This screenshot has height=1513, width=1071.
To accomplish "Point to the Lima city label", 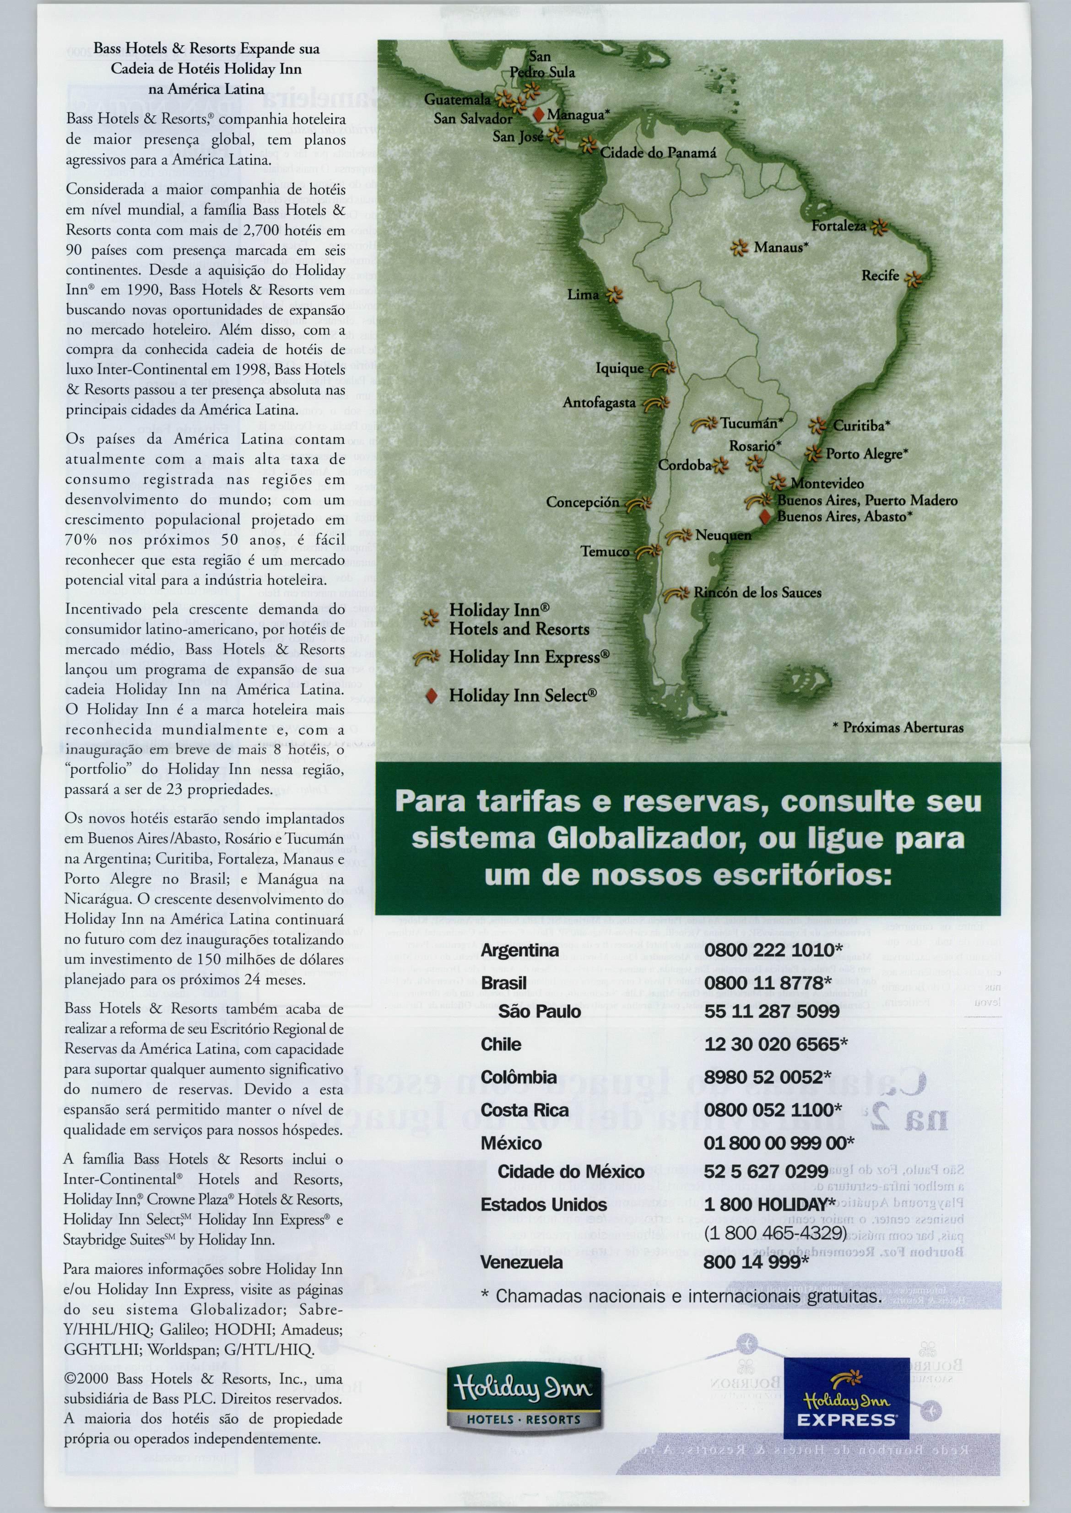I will (583, 295).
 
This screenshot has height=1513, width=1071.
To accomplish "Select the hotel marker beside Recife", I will (913, 279).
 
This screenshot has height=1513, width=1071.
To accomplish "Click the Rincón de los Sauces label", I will (757, 592).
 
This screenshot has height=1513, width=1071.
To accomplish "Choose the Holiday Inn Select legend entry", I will (522, 695).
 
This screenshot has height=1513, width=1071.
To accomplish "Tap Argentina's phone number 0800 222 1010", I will (773, 950).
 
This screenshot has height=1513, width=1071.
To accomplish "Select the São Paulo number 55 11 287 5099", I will (772, 1011).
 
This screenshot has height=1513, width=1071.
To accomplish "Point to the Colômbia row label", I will (519, 1077).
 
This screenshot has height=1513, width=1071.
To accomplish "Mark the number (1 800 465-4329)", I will (775, 1233).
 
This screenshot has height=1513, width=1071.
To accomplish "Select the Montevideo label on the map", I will (827, 483).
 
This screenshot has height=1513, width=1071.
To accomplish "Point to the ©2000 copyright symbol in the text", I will (69, 1379).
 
